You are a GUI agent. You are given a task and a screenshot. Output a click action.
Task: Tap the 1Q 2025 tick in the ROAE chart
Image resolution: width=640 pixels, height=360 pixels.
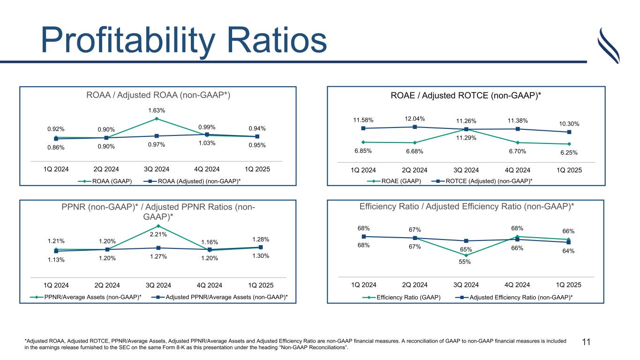(x=568, y=170)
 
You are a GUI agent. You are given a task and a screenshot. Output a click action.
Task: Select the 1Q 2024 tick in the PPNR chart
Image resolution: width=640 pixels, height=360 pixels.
(x=56, y=285)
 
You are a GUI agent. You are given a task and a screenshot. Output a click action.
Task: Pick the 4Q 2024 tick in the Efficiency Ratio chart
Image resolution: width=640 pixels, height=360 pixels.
(x=517, y=285)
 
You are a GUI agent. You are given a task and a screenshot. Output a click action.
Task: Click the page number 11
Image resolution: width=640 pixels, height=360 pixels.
(x=586, y=343)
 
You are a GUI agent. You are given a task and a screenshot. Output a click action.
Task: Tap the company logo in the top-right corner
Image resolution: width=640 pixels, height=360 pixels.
(x=610, y=45)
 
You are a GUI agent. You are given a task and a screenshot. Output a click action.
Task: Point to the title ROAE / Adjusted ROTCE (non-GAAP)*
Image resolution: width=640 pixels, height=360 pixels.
(x=466, y=96)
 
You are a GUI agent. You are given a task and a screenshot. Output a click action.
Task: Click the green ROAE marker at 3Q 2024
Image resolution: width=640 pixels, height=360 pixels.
(x=466, y=130)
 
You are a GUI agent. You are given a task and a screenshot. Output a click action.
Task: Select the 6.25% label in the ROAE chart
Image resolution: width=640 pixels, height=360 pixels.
(x=568, y=152)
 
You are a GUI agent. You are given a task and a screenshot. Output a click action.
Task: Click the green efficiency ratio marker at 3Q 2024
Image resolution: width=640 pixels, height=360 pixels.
(x=466, y=255)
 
